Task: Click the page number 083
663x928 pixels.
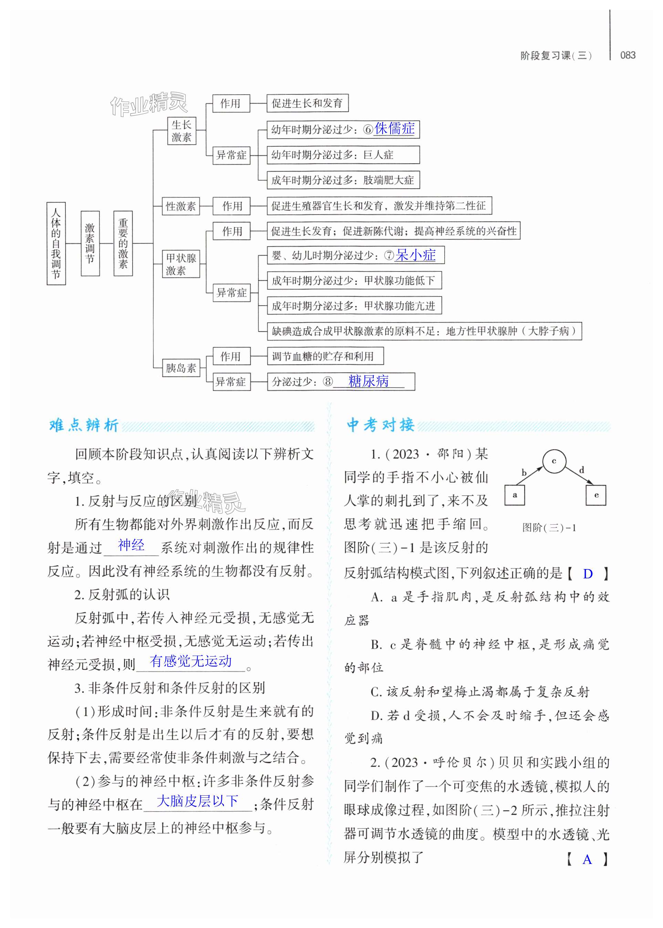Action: coord(628,55)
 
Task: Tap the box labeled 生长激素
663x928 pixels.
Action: coord(182,131)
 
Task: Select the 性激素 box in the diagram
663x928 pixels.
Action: coord(181,206)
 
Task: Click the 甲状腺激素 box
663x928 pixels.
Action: coord(181,264)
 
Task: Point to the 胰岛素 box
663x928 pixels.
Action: coord(181,368)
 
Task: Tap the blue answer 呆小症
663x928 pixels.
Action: coord(415,255)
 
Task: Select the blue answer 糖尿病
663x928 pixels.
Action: coord(368,381)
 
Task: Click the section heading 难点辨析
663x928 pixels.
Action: coord(84,425)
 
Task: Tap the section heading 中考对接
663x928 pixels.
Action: coord(381,425)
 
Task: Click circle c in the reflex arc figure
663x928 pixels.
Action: coord(554,461)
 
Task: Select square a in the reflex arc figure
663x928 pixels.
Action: coord(515,495)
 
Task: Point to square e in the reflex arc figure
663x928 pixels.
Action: coord(596,495)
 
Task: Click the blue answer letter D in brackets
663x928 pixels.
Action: coord(588,574)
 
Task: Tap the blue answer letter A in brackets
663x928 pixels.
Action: coord(587,859)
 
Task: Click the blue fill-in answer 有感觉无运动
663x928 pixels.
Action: coord(191,661)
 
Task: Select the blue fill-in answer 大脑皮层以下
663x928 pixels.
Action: coord(198,801)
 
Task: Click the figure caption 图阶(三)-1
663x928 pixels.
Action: coord(549,527)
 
